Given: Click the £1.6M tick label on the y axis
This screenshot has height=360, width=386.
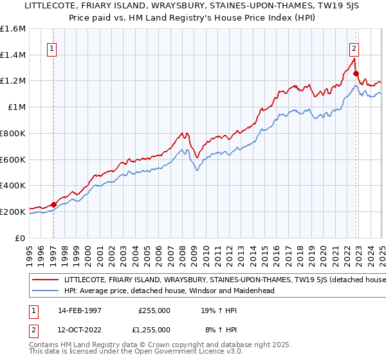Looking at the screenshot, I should pos(14,29).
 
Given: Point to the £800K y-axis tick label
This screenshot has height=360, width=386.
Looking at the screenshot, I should pos(12,134).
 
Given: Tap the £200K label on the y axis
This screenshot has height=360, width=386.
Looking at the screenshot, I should pos(12,212).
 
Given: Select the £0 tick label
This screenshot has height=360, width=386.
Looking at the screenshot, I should pos(20,238).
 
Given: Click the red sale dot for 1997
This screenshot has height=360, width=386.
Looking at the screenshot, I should pos(54,205).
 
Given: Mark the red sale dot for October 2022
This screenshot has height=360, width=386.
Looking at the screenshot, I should pos(356,74).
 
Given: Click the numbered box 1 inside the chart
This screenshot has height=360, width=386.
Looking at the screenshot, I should pos(51,47).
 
